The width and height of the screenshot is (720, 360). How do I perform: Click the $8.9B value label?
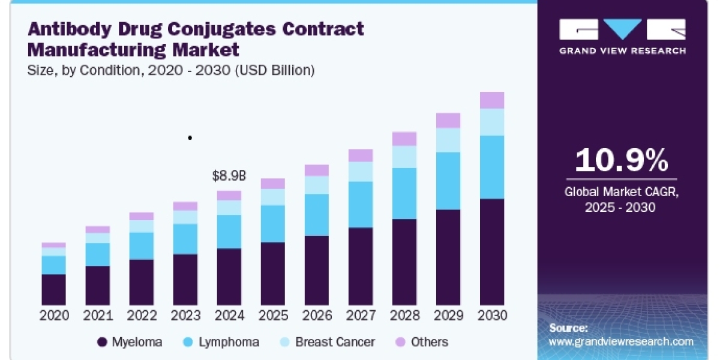coord(229,176)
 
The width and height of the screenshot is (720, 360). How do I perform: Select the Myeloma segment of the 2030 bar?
coord(492,252)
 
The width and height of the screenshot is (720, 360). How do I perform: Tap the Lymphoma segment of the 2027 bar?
coord(361,205)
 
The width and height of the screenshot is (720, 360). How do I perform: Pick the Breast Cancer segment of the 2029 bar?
coord(448,140)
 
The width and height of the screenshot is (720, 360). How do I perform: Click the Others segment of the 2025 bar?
coord(273,184)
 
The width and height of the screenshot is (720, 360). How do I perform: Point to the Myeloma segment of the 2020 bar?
coord(53,290)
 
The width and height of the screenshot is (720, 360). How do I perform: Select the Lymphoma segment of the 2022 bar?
coord(142,246)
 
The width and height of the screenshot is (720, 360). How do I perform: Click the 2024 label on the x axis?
coord(229,316)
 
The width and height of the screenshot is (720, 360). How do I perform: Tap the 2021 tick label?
coord(98,316)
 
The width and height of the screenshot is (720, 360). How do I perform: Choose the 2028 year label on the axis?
coord(404,316)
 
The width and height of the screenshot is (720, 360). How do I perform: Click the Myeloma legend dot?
coord(102,342)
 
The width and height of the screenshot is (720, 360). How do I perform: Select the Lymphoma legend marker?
coord(188,342)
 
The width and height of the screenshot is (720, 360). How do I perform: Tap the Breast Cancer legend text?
coord(335,342)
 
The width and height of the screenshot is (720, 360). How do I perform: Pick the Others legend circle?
coord(400,342)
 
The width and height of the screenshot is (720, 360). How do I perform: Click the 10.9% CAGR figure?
coord(622,160)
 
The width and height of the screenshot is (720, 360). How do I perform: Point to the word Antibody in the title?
coord(70,29)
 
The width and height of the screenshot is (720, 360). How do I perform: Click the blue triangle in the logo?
coord(622,28)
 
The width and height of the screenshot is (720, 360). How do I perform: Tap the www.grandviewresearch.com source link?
coord(621,341)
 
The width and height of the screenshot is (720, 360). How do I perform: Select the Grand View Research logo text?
coord(623,51)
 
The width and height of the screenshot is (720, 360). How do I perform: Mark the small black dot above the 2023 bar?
coord(190,137)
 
